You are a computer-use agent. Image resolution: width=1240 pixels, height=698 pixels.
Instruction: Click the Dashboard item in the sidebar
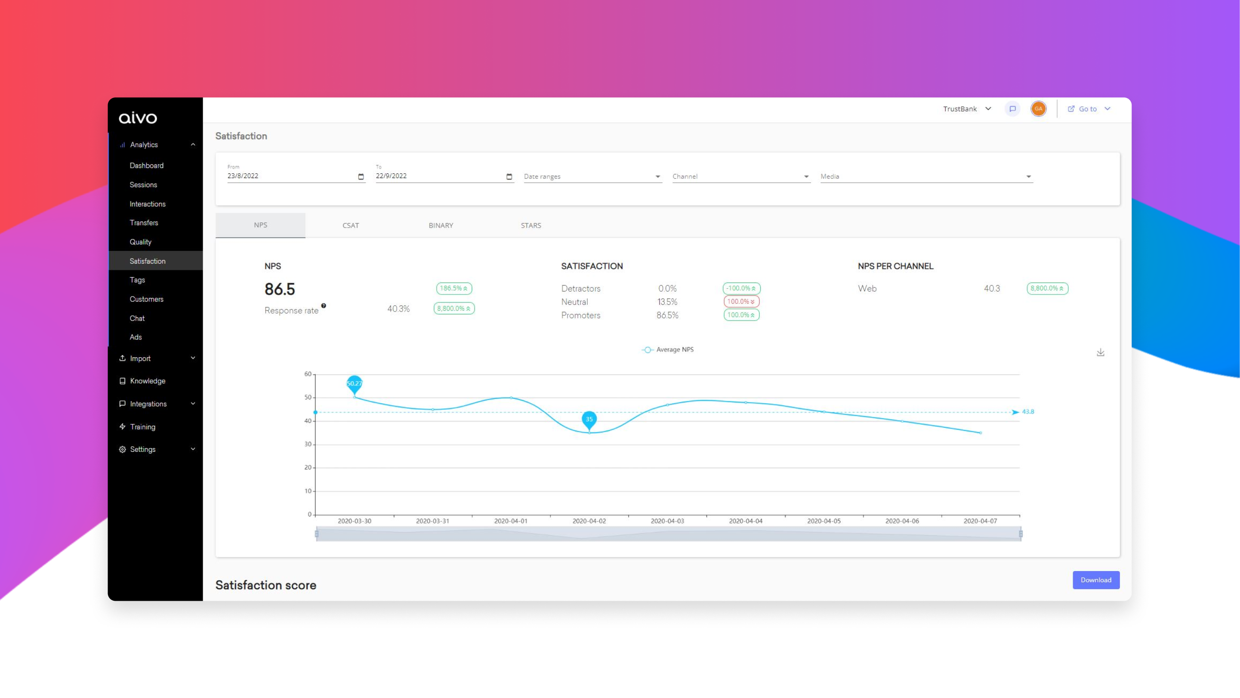click(x=146, y=166)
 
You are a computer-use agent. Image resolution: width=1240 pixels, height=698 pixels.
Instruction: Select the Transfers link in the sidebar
click(x=143, y=223)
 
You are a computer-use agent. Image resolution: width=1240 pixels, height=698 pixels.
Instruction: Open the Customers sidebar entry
click(x=146, y=299)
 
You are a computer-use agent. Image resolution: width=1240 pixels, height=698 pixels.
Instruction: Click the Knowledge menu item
click(x=147, y=381)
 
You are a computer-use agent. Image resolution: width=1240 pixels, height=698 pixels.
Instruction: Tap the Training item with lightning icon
click(x=142, y=427)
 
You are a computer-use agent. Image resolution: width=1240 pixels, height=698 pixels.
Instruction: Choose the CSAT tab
click(x=350, y=225)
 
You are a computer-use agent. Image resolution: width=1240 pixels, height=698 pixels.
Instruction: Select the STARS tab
click(x=531, y=225)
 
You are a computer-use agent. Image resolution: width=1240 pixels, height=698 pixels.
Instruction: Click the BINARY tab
click(x=441, y=225)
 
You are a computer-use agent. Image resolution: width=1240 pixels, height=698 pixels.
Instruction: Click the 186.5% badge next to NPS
click(x=453, y=288)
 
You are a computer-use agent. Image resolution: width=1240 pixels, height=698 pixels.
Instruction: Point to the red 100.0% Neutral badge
click(x=741, y=302)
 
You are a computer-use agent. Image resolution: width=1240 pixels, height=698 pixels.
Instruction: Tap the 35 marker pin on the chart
click(x=589, y=419)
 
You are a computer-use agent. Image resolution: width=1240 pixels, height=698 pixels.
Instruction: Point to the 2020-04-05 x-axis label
click(x=824, y=521)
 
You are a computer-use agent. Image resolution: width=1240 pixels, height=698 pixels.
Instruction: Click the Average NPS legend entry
click(x=668, y=350)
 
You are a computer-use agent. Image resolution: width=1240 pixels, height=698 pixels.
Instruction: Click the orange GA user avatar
click(x=1038, y=109)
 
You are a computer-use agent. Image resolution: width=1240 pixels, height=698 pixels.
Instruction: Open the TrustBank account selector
click(x=967, y=109)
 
